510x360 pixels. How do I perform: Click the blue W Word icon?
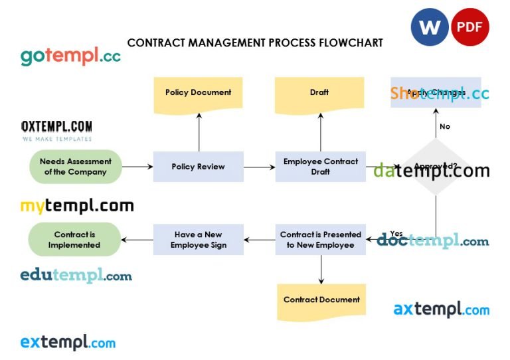(430, 27)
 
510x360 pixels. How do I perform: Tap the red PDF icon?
(469, 27)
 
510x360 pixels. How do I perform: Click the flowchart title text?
(255, 43)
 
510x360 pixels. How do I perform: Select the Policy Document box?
(198, 93)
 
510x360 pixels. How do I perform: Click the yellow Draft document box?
(319, 93)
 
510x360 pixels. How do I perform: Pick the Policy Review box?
(198, 167)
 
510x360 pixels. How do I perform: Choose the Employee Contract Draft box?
(320, 167)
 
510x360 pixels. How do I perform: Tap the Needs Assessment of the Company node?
(76, 167)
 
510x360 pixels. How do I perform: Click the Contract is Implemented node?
(74, 240)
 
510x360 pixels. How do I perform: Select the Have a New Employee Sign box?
(198, 240)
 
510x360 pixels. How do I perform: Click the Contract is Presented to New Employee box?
(320, 240)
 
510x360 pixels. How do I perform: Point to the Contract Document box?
(321, 300)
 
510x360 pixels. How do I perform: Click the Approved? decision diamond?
(436, 167)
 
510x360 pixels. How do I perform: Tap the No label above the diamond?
(445, 126)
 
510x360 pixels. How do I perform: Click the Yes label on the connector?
(396, 233)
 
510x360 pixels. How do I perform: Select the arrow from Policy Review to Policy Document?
(199, 132)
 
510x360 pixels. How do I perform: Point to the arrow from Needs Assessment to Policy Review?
(137, 167)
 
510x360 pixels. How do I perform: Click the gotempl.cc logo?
(70, 56)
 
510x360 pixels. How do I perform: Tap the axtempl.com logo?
(441, 309)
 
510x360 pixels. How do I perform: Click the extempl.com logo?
(68, 343)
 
